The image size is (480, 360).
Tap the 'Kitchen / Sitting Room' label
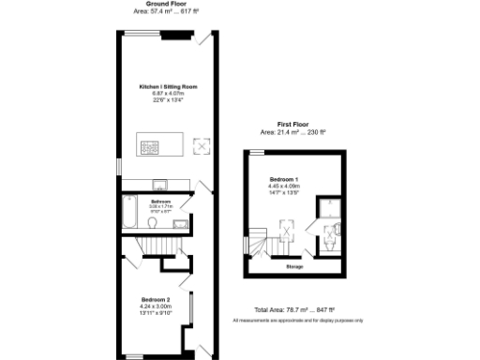coord(168,86)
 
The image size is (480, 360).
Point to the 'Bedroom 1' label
coord(284,178)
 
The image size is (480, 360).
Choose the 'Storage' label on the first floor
coord(294,266)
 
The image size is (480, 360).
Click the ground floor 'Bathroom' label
coord(160,201)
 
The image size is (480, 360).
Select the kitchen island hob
coord(149,145)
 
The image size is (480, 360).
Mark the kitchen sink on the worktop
coord(160,184)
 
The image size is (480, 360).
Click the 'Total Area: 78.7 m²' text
coord(294,309)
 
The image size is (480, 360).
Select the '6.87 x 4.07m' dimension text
coord(168,94)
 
